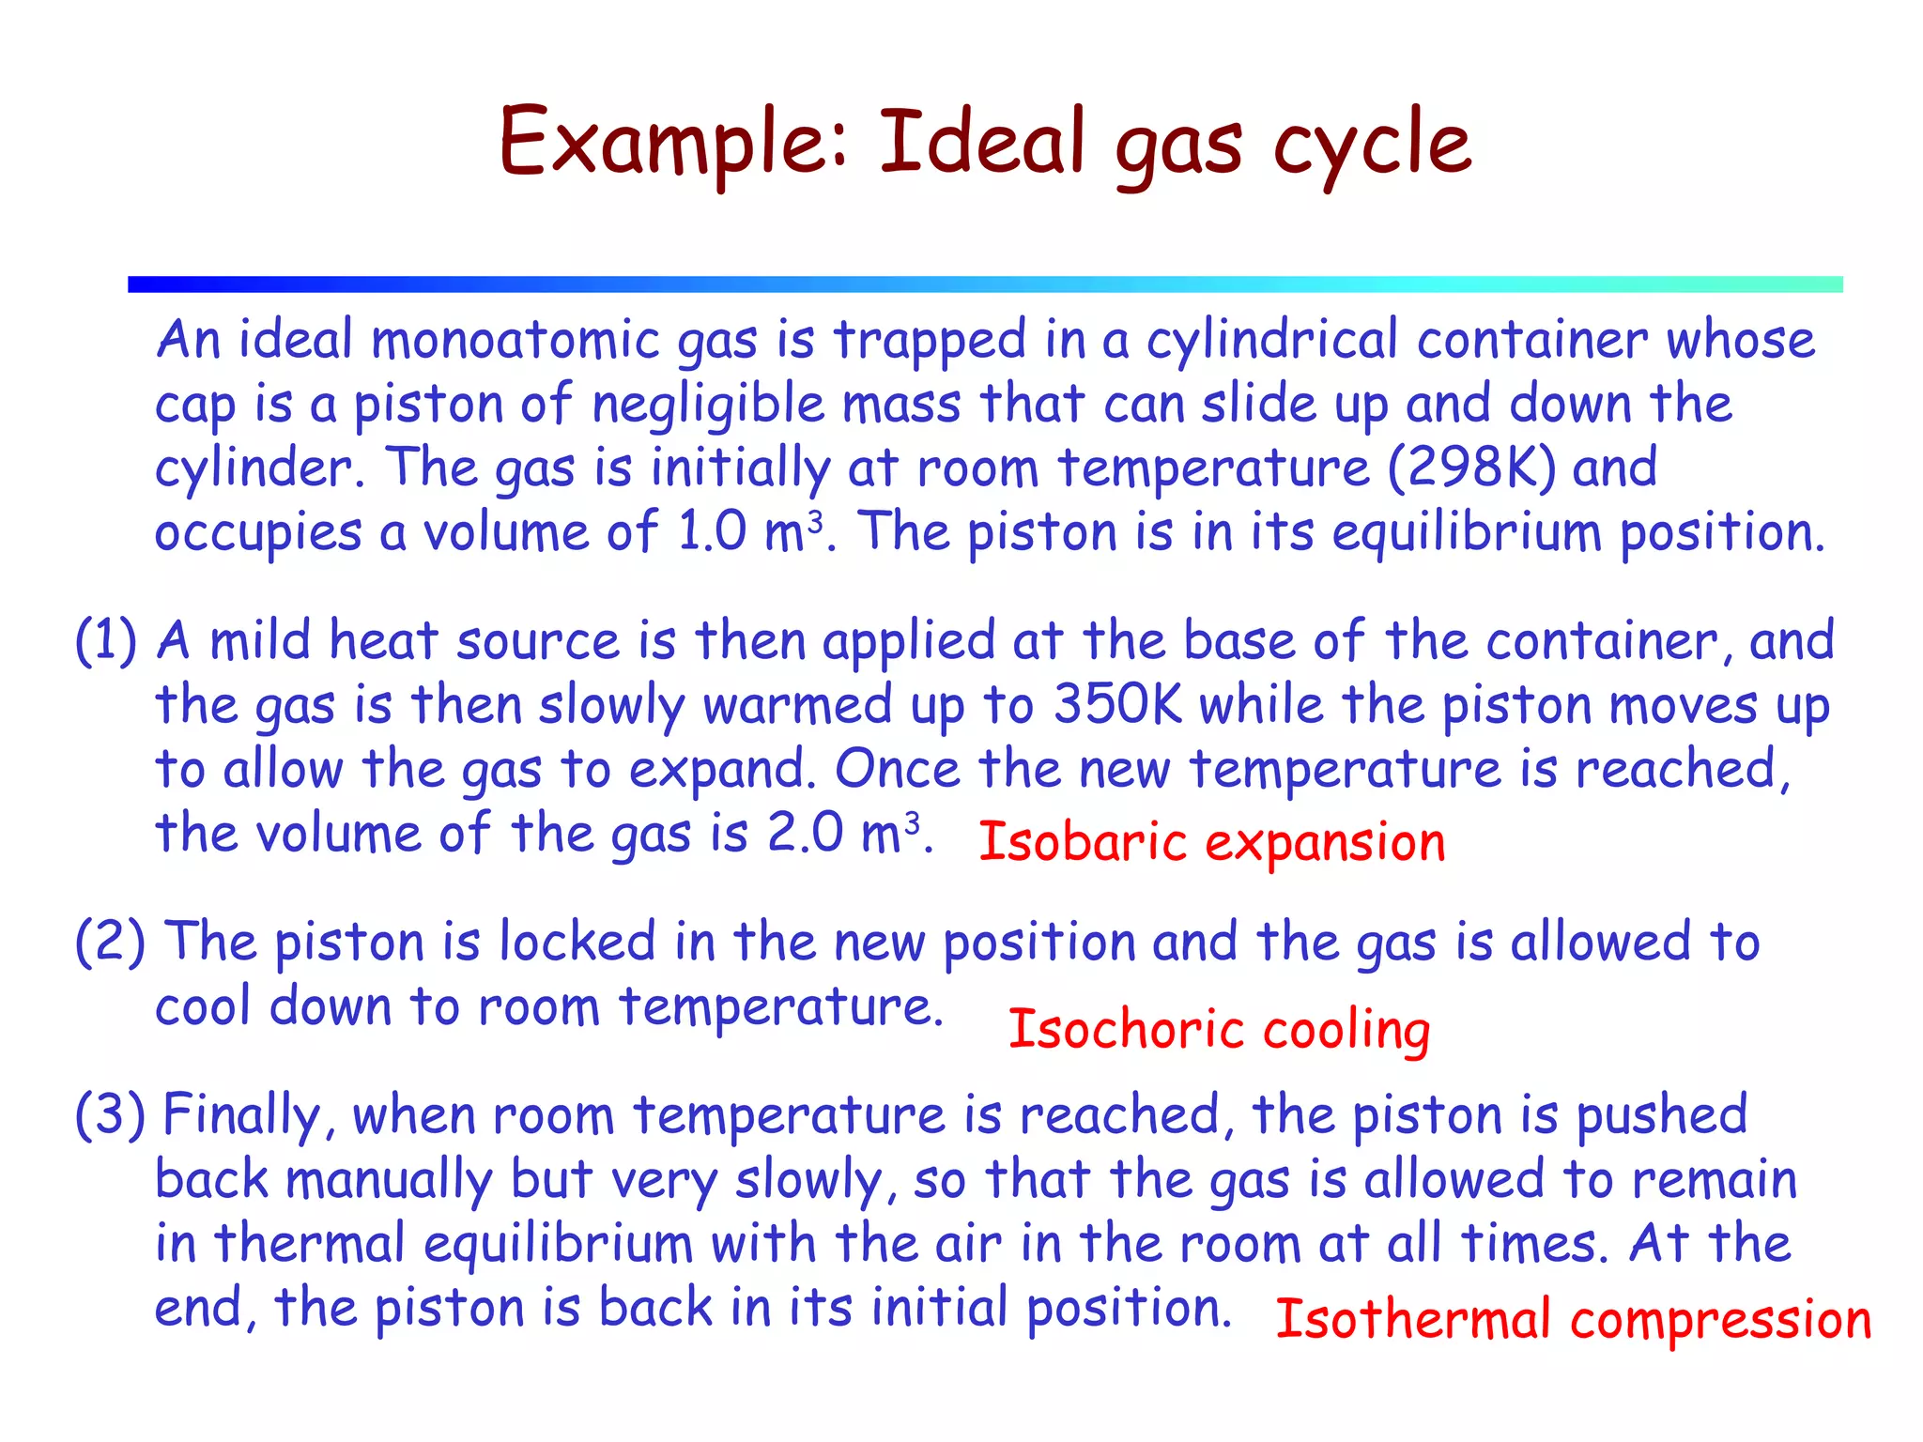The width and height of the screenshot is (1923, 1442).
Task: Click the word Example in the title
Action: tap(672, 143)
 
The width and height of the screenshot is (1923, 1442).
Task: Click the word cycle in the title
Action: tap(1373, 143)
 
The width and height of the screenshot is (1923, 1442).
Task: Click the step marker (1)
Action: tap(106, 641)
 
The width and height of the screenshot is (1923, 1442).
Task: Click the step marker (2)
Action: tap(110, 942)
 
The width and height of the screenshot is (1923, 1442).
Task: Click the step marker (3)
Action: tap(110, 1114)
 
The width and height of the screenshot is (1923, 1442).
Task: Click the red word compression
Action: tap(1721, 1320)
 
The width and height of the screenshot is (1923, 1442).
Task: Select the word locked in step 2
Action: tap(577, 942)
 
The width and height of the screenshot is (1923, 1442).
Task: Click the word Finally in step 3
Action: tap(242, 1116)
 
